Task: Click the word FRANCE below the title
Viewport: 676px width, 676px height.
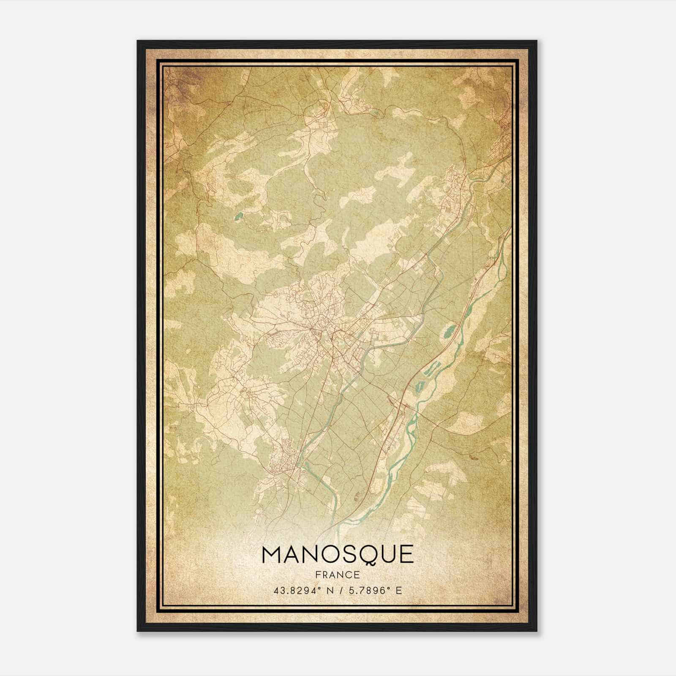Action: (x=338, y=575)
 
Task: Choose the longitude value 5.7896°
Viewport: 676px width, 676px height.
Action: (x=365, y=590)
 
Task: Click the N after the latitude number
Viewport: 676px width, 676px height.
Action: (x=330, y=590)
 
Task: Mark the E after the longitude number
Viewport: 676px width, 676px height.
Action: (x=399, y=590)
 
